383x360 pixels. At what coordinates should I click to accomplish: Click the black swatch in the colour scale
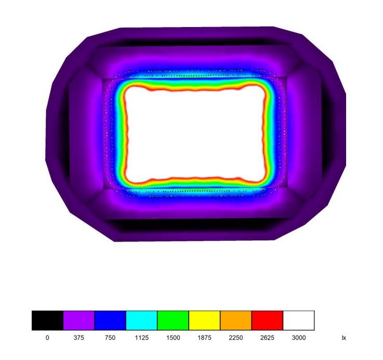tap(47, 320)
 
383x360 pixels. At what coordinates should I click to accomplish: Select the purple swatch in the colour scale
tap(78, 320)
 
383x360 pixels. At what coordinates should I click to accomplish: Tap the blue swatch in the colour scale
tap(110, 320)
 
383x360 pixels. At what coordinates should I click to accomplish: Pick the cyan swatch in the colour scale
tap(142, 320)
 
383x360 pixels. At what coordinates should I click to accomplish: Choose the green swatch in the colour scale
tap(173, 320)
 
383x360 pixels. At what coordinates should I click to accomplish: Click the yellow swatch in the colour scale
tap(204, 320)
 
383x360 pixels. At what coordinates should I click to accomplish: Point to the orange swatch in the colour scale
tap(236, 320)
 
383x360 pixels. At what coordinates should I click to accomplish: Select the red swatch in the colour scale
tap(267, 320)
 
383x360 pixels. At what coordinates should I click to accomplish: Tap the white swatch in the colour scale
tap(299, 320)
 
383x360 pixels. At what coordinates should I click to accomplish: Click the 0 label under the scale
tap(47, 338)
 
